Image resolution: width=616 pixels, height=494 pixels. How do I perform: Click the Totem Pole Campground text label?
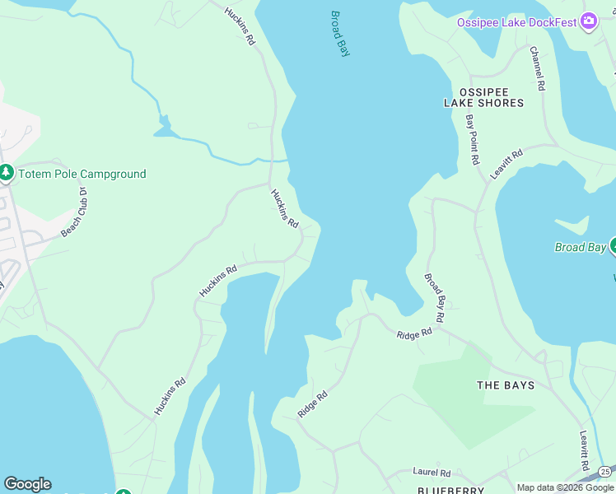click(82, 174)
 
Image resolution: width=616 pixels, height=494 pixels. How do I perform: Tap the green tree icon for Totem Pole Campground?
click(7, 173)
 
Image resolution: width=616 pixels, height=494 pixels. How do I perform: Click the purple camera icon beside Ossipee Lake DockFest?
click(588, 21)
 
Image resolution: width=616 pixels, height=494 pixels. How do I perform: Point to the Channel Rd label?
click(537, 68)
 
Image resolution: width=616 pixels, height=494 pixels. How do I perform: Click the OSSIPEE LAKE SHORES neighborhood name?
click(483, 97)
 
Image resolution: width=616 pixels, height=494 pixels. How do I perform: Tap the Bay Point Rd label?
click(472, 140)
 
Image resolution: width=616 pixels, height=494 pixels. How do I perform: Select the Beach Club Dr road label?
click(73, 212)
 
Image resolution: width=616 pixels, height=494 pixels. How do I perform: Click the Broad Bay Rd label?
click(435, 298)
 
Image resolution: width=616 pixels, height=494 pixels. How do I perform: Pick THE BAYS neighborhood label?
click(506, 385)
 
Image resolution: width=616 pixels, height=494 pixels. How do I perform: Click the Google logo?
click(27, 484)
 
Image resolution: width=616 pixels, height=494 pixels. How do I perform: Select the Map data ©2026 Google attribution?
click(565, 487)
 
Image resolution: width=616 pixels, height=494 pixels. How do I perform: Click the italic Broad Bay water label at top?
click(340, 34)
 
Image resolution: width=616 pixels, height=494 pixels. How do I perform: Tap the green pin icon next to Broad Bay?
click(613, 246)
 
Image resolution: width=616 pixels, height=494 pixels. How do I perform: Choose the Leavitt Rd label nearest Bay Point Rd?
click(506, 165)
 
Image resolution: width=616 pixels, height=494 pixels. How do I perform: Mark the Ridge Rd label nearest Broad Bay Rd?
click(414, 333)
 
